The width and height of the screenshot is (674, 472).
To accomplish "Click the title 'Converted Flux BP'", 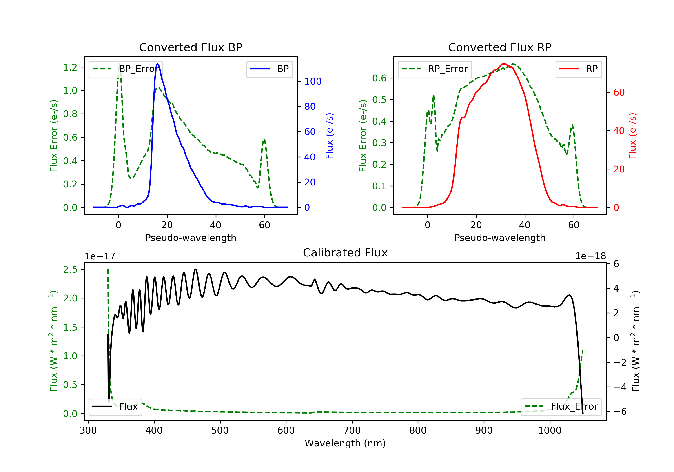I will click(191, 47).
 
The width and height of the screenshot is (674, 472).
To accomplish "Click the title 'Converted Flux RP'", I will click(500, 47).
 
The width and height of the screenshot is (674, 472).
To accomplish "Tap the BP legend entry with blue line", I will click(269, 69).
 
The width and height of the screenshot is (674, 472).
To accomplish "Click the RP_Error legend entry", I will click(435, 69).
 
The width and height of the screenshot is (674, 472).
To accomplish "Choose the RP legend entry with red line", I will click(579, 69).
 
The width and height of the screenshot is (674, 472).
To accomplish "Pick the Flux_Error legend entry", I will click(561, 407).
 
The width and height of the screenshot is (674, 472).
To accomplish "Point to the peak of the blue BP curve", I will click(158, 64).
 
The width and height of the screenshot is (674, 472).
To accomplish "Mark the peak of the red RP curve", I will click(503, 64).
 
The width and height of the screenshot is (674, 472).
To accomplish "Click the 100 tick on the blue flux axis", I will click(313, 81).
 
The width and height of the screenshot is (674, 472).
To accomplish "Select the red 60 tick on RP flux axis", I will click(619, 93).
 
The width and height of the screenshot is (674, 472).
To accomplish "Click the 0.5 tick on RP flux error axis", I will click(379, 100).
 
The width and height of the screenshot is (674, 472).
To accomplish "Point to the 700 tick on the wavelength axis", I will click(352, 431).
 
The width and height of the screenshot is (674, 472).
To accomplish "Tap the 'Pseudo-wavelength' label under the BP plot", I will click(191, 238).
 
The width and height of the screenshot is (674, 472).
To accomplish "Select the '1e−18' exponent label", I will click(590, 256).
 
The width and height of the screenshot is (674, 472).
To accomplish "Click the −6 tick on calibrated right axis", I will click(620, 412).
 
